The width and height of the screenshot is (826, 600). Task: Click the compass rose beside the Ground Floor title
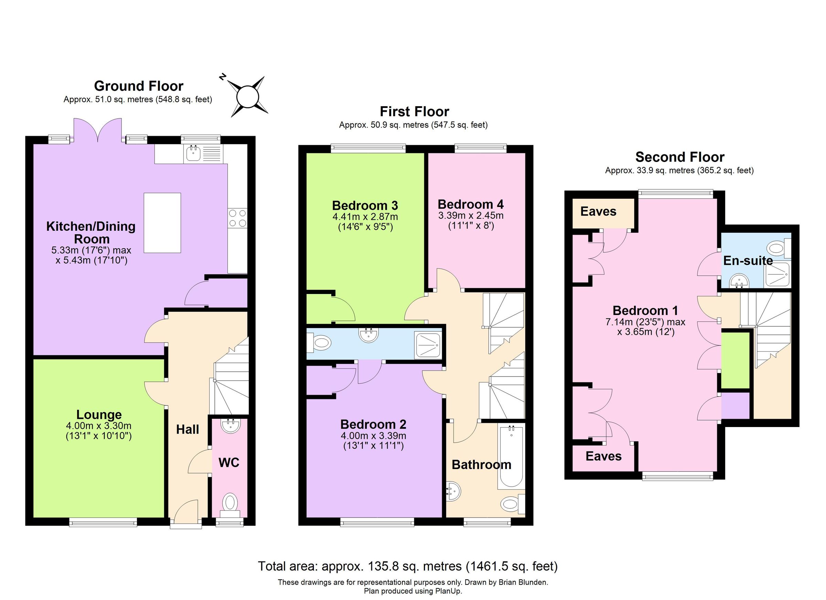click(248, 97)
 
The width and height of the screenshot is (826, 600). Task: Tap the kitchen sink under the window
click(192, 153)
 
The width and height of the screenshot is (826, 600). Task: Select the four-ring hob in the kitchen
click(237, 218)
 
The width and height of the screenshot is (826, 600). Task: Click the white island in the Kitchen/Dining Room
click(162, 223)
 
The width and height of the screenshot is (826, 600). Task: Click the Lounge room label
click(99, 414)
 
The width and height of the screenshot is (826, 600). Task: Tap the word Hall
click(188, 429)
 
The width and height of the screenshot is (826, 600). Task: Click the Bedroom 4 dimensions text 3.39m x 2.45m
click(470, 215)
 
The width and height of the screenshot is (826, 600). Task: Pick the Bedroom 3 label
click(365, 206)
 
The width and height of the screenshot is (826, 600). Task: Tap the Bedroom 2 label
click(373, 424)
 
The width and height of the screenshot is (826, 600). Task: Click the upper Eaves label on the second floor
click(599, 211)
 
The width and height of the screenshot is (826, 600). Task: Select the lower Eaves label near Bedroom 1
click(603, 456)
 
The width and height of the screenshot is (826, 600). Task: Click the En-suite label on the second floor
click(748, 261)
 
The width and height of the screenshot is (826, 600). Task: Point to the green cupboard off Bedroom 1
click(735, 360)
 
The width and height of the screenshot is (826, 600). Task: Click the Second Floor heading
click(680, 157)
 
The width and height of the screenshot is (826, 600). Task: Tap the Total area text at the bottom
click(407, 566)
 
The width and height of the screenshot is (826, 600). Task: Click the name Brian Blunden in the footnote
click(526, 582)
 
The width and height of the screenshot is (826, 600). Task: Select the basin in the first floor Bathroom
click(454, 492)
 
